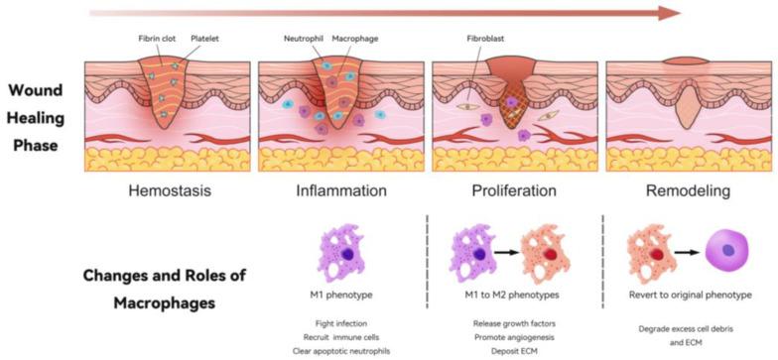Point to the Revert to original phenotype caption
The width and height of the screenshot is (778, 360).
tap(683, 296)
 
